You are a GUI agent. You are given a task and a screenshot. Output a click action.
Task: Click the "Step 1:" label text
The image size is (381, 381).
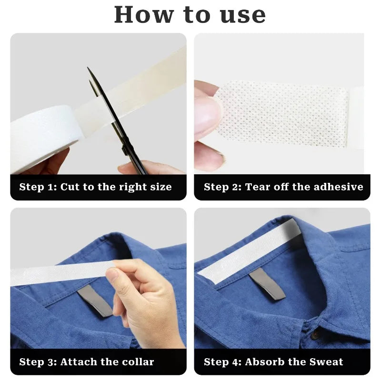point(38,187)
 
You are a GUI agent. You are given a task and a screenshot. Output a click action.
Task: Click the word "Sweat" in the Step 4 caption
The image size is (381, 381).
point(325,362)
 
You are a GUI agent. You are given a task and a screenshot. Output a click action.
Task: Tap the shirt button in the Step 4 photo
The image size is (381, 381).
point(315,335)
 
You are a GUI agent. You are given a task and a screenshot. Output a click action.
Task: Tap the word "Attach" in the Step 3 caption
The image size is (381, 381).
point(77,362)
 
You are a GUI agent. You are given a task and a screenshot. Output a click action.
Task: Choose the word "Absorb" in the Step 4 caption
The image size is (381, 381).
point(261,362)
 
